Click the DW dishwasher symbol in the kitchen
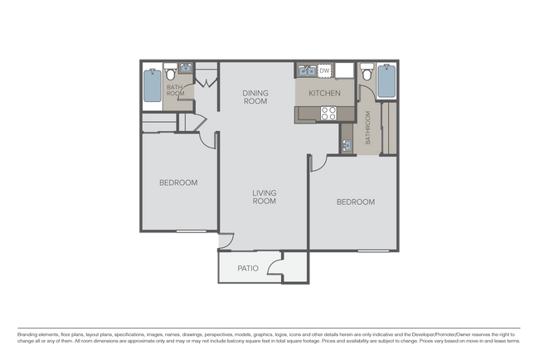325,71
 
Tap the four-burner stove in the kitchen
329,114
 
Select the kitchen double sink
306,71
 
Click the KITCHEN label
324,94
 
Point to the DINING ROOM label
255,97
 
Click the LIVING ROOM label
264,197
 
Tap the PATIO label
248,268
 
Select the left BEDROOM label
178,182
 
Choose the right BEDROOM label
355,202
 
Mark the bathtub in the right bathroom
386,81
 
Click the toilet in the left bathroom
171,72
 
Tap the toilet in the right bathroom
367,72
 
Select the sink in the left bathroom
187,70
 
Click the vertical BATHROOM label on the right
368,129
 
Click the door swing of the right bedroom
316,163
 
